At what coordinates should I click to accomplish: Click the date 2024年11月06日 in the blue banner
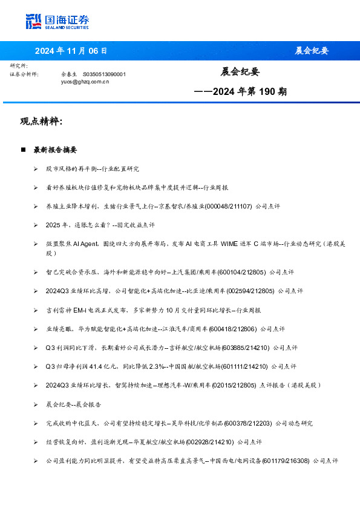click(x=71, y=51)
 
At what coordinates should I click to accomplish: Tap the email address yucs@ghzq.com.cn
click(x=85, y=81)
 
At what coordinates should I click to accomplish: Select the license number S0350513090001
click(x=104, y=74)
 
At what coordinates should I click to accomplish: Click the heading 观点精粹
click(x=41, y=122)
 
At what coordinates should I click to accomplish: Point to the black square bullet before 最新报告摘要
click(x=24, y=149)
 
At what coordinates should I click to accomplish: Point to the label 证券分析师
click(x=24, y=74)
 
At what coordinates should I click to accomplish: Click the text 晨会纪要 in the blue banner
click(x=312, y=51)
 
